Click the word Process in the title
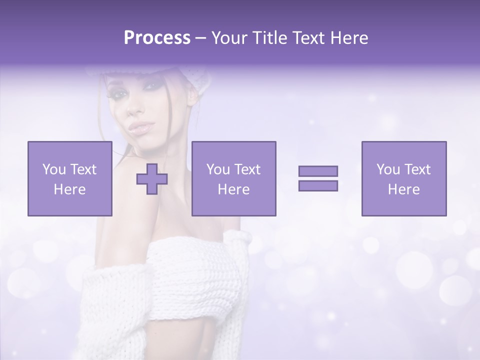157,38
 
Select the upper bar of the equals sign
318,171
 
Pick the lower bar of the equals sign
318,185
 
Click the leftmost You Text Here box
70,178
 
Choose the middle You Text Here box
233,178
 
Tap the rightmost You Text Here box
404,178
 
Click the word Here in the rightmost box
404,189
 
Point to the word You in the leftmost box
53,169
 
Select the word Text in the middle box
247,169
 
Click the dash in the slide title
200,38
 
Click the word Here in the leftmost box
70,189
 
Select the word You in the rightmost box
387,169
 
